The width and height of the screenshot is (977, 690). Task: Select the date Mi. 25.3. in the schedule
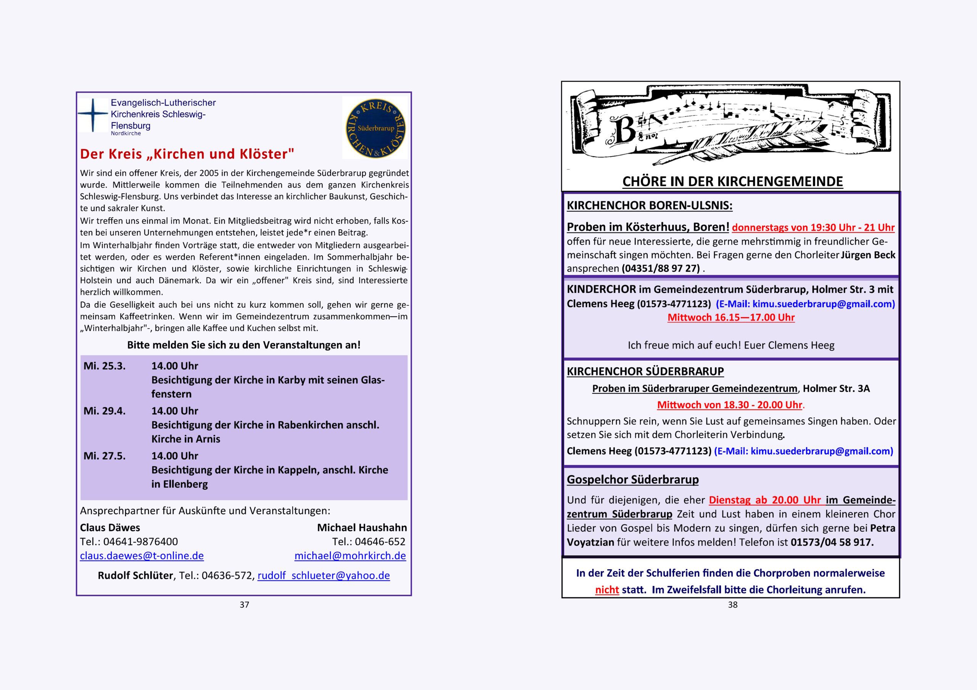105,366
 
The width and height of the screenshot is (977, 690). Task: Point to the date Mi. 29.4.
105,411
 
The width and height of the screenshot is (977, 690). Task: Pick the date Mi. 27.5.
105,456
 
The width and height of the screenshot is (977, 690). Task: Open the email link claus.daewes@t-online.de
142,556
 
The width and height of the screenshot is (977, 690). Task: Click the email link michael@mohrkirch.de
350,556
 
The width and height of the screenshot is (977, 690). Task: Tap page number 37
244,605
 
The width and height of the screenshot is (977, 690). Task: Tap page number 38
732,605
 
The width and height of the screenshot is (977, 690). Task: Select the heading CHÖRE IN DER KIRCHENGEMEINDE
732,181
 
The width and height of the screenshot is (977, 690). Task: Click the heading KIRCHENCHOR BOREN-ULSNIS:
649,206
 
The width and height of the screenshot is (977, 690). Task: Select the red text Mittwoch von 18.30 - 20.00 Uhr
729,405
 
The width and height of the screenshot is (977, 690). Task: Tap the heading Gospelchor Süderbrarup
633,480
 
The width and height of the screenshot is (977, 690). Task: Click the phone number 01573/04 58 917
832,542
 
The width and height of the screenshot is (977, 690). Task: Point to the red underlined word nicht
607,590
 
